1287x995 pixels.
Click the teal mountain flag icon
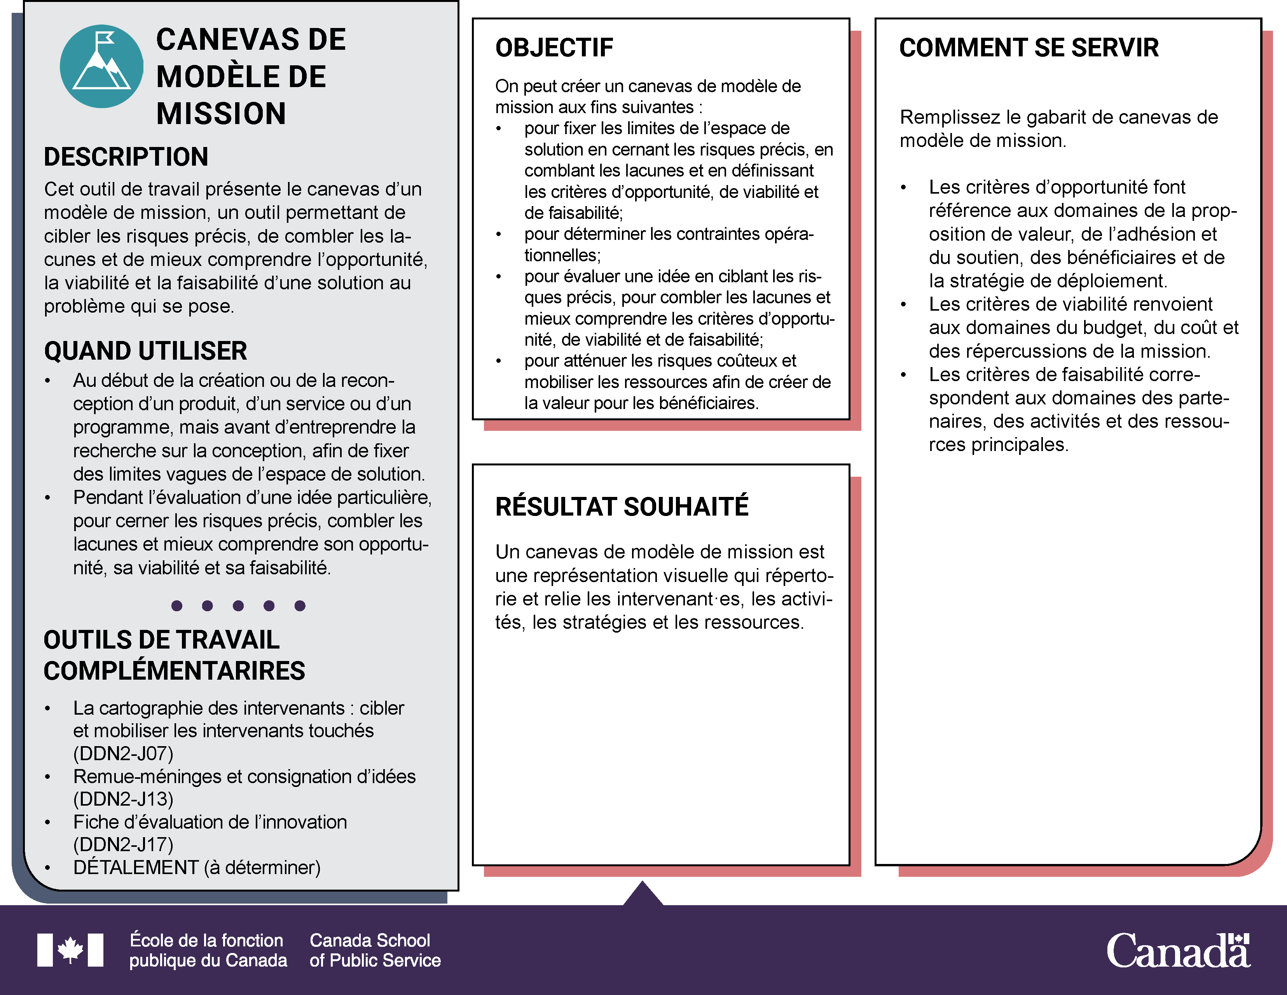101,66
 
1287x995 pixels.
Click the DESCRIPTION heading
126,157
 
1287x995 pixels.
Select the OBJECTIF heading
554,48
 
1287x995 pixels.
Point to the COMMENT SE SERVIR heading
1029,48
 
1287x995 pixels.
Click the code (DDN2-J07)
123,753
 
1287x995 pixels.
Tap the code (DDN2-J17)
123,844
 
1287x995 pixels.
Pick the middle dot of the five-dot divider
238,605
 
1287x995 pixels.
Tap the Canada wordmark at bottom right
1178,950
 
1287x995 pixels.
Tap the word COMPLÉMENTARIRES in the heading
175,671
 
